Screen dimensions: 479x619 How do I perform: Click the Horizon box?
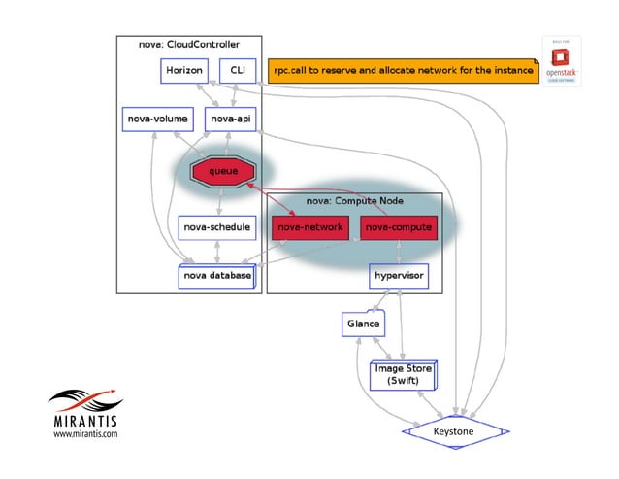pos(184,72)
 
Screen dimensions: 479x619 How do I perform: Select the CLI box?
pos(237,72)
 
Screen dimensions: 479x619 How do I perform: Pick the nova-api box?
pos(230,120)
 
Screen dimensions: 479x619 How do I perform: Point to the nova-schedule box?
pos(216,227)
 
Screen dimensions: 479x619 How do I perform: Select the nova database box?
pos(217,276)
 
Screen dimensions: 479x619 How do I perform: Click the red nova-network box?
pos(309,227)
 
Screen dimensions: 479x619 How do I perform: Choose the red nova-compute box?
pos(397,227)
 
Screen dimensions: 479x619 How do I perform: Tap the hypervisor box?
pos(397,276)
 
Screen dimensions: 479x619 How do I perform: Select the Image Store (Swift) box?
pos(405,375)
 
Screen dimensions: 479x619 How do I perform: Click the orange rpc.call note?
pos(402,71)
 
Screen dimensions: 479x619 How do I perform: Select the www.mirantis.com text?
pos(84,435)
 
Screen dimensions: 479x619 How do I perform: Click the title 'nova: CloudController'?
pos(190,45)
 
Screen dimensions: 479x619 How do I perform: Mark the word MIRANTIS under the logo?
pos(84,423)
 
